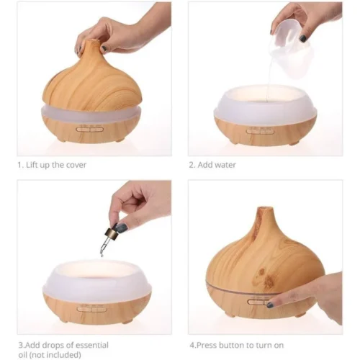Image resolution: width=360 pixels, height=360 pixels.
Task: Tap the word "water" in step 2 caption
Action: pos(225,165)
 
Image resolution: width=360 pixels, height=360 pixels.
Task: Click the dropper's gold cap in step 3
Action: pos(112,233)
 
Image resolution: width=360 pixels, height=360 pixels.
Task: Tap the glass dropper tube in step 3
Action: pos(104,247)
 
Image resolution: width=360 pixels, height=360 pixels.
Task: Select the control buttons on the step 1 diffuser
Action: pos(89,130)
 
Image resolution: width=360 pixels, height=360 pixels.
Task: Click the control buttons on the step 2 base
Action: pos(261,131)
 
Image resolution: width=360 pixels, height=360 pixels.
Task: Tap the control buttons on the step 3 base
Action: pos(91,309)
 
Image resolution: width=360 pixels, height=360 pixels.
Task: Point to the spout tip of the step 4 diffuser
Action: pos(265,208)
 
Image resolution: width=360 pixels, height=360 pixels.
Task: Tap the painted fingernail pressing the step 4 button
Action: pos(270,305)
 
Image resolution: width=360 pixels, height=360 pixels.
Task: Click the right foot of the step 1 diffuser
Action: pos(120,140)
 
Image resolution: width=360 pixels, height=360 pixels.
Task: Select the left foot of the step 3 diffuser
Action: pos(63,320)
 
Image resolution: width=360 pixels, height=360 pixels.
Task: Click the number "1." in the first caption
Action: pos(21,165)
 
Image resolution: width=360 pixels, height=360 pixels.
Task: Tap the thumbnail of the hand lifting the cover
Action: pos(104,49)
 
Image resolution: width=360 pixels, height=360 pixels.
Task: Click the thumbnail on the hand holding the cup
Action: pos(303,38)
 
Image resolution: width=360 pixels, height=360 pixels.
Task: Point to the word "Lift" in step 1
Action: pos(31,165)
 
